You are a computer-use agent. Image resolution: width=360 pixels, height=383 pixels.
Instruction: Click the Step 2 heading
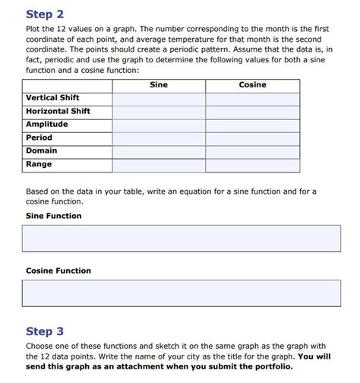[x=45, y=14]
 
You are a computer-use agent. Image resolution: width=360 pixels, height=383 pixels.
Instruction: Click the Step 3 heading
[x=45, y=331]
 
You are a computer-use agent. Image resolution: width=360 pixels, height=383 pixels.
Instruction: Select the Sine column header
[x=159, y=85]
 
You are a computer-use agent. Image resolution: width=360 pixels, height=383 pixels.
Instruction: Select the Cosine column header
[x=252, y=85]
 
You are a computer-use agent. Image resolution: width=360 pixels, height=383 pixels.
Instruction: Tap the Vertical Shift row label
[x=52, y=98]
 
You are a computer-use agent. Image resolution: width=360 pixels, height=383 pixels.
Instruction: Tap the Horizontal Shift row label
[x=58, y=111]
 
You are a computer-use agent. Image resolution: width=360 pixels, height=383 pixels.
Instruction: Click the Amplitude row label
[x=47, y=125]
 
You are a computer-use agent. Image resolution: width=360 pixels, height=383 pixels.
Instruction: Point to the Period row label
[x=39, y=138]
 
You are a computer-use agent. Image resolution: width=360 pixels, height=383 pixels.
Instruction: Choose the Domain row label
[x=42, y=150]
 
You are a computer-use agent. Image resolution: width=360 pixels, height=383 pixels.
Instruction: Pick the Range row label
[x=39, y=164]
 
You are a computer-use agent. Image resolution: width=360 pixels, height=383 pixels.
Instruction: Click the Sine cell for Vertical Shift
[x=159, y=98]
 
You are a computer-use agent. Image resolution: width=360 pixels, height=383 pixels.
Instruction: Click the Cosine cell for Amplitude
[x=252, y=125]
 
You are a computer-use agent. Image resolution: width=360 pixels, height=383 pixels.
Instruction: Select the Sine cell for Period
[x=159, y=138]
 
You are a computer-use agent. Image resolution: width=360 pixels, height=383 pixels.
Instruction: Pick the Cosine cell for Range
[x=252, y=164]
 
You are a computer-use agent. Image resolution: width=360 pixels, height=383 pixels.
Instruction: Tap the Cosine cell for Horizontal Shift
[x=252, y=111]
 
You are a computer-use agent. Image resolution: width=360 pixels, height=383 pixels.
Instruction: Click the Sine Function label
[x=54, y=216]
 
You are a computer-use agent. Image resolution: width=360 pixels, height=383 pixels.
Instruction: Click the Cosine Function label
[x=58, y=271]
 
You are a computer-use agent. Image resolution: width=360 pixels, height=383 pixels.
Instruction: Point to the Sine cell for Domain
[x=159, y=150]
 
